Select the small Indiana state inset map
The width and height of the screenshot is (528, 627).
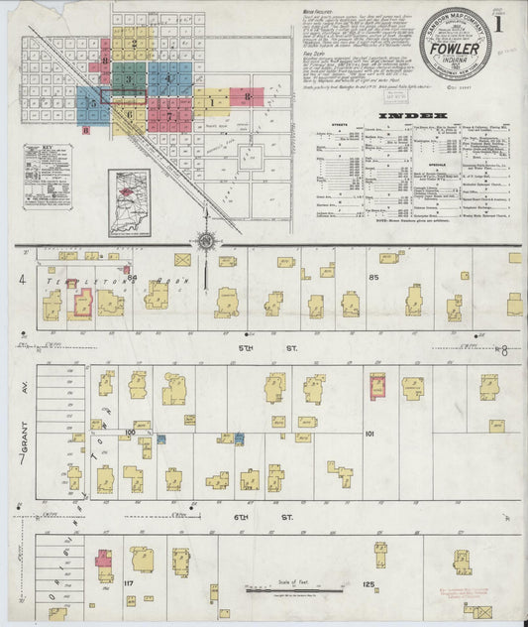(x=130, y=201)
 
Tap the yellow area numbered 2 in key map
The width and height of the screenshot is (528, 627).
(x=133, y=44)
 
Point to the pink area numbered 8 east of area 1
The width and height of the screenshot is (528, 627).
(x=246, y=97)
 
